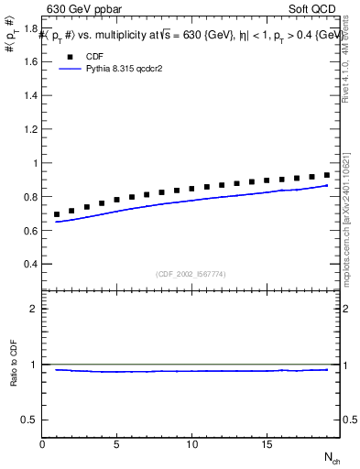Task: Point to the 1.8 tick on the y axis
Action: pos(30,29)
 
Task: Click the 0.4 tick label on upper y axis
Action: pos(30,265)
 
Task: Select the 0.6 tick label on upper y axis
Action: pos(30,231)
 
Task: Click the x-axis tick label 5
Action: pos(117,444)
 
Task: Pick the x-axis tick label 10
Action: pos(191,444)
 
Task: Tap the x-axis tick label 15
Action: pos(267,444)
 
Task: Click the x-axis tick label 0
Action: pos(42,444)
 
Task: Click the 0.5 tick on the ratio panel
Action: pos(30,420)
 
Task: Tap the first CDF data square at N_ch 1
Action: pos(57,214)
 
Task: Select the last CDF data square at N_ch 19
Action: pos(327,174)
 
